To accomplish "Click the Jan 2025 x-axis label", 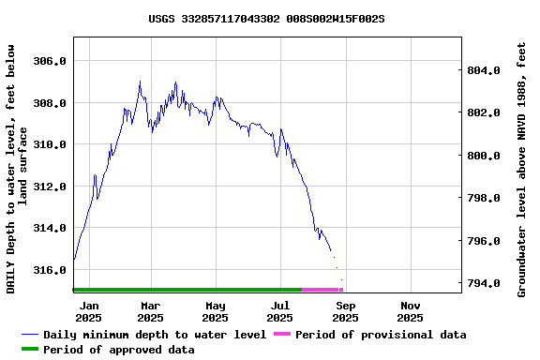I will click(x=89, y=311).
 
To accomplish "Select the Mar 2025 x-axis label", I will click(x=151, y=311).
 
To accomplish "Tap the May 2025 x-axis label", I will click(x=216, y=311).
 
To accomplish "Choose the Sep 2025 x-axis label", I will click(x=345, y=311).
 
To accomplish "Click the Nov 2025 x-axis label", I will click(x=410, y=311).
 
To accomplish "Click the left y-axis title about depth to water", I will click(x=17, y=169).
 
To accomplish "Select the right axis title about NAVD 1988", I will click(x=521, y=169).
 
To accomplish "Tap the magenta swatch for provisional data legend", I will click(x=282, y=335).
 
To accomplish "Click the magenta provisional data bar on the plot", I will click(x=322, y=290).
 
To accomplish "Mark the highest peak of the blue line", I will click(x=140, y=82).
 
